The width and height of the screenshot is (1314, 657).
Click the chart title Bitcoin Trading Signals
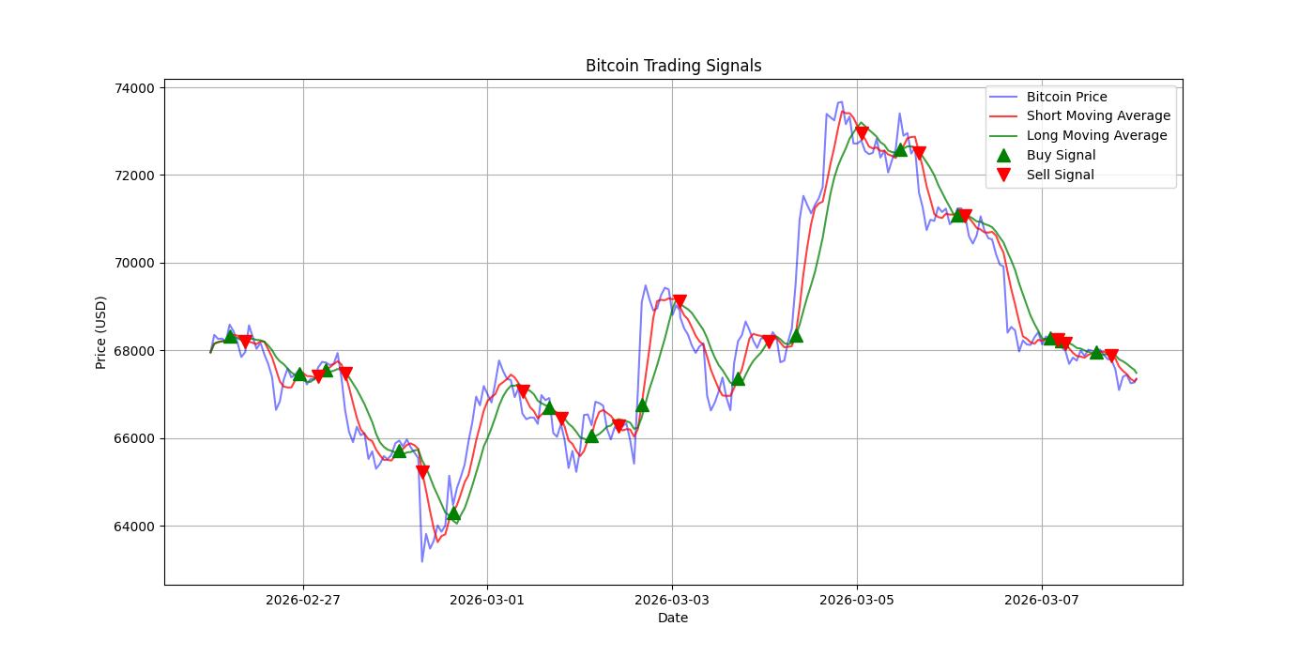[673, 66]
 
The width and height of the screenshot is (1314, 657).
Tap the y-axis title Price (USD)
[101, 332]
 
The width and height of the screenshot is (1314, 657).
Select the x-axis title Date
[673, 618]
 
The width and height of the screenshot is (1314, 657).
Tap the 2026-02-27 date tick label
[303, 599]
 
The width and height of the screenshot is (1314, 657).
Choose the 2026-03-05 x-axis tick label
[857, 599]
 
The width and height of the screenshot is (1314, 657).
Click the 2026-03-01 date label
[487, 599]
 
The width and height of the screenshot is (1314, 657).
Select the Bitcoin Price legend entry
[1066, 97]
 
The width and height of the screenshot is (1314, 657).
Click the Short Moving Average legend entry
[1098, 115]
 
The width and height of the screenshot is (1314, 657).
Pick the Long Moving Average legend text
[1096, 135]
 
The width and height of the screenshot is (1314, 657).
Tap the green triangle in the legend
[1003, 155]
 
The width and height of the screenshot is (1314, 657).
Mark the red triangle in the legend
[1003, 175]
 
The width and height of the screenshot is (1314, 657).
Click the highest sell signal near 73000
[862, 133]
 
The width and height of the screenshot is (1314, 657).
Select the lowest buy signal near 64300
[453, 513]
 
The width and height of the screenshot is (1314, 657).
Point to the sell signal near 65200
[422, 471]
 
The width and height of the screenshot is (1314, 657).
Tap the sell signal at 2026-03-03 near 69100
[680, 301]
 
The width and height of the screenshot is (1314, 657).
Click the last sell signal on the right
[1111, 356]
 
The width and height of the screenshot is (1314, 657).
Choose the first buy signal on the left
[230, 336]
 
